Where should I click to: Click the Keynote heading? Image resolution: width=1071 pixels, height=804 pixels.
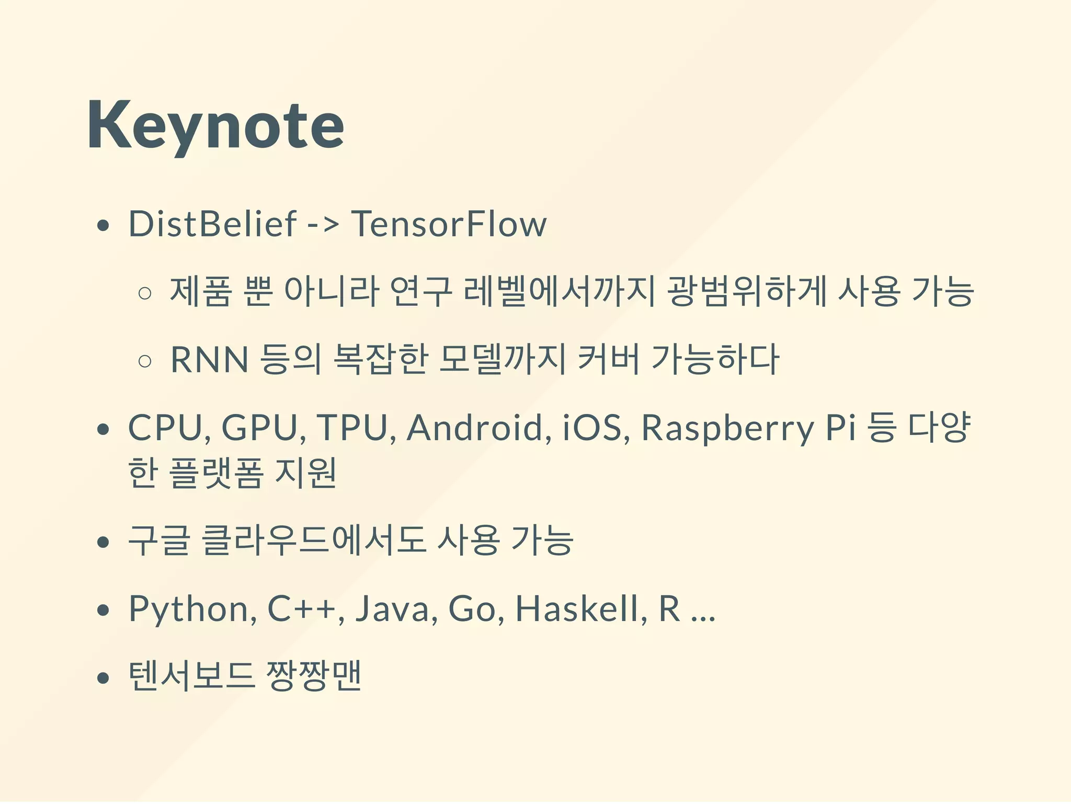pos(215,125)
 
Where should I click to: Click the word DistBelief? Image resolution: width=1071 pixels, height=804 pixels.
pos(212,224)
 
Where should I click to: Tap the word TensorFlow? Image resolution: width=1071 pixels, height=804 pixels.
pos(449,224)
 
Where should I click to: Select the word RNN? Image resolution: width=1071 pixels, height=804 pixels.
pos(209,360)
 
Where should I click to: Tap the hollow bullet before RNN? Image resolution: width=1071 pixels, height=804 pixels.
pos(145,361)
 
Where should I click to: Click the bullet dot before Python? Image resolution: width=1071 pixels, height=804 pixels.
pos(104,610)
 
